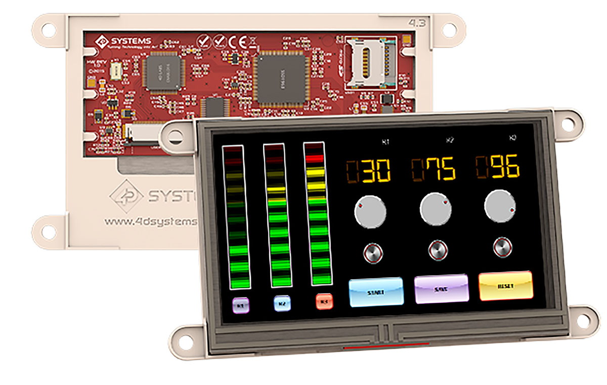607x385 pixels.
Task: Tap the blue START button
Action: point(376,292)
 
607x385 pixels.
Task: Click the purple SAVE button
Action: point(441,289)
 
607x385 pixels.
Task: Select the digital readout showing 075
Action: point(433,169)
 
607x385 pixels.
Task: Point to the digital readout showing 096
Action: point(498,168)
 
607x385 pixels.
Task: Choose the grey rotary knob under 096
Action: point(500,205)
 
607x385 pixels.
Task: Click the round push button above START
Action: point(373,253)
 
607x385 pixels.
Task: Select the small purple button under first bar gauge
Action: point(241,305)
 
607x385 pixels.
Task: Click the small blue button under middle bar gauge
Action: point(282,303)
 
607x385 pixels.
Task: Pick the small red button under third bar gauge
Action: point(324,301)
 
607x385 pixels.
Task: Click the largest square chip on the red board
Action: point(281,80)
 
